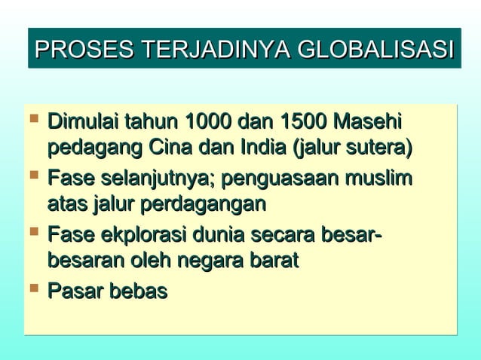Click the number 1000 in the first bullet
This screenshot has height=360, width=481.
(208, 121)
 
